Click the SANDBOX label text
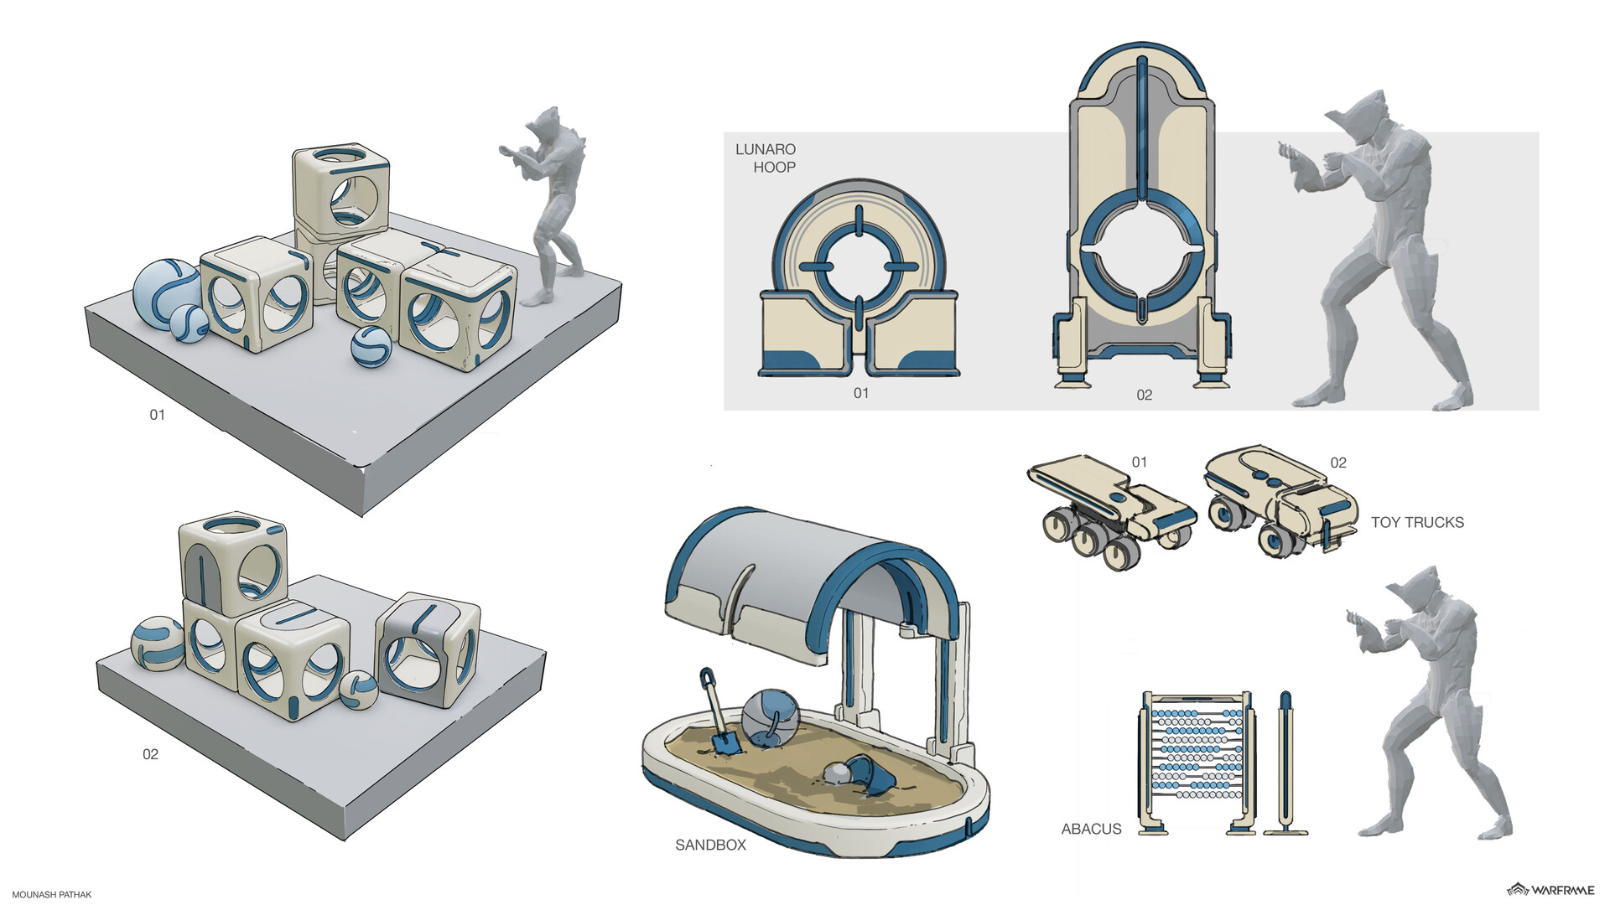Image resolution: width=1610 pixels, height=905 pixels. click(x=710, y=845)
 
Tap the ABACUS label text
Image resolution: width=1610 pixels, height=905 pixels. click(x=1091, y=829)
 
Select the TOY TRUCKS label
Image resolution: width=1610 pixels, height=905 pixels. click(x=1417, y=522)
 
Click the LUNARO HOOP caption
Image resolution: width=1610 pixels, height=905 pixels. click(x=766, y=158)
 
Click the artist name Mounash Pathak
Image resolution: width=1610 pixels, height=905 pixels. click(x=51, y=894)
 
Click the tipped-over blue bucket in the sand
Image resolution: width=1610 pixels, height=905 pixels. click(x=870, y=774)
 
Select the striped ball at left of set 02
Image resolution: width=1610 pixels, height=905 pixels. click(x=158, y=644)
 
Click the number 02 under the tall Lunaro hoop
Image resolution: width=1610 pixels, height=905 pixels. click(x=1144, y=395)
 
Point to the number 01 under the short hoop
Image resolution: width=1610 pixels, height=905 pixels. click(x=861, y=393)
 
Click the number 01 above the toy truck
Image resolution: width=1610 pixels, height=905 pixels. click(x=1139, y=462)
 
